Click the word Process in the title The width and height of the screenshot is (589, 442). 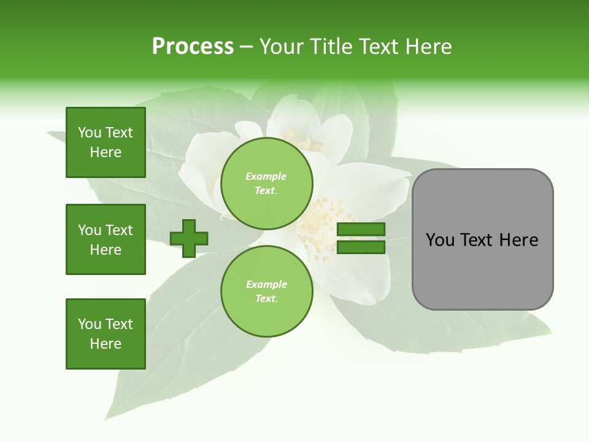click(x=193, y=47)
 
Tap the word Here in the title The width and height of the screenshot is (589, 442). click(x=426, y=47)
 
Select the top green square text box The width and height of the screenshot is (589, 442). click(x=106, y=142)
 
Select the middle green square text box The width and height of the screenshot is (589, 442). click(x=106, y=239)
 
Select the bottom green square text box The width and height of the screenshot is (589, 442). click(x=106, y=334)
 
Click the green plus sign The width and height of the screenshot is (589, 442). click(x=189, y=238)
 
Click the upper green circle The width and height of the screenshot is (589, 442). click(x=266, y=184)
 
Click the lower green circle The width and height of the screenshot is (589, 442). click(x=266, y=292)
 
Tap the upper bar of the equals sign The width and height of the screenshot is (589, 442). click(x=361, y=230)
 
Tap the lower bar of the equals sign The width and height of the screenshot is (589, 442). click(x=361, y=247)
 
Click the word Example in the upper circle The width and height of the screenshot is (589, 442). click(x=266, y=176)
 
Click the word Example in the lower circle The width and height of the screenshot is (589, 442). click(x=266, y=284)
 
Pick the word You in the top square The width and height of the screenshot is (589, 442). click(x=90, y=133)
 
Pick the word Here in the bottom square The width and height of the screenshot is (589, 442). click(x=106, y=344)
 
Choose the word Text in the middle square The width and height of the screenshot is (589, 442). click(x=119, y=230)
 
